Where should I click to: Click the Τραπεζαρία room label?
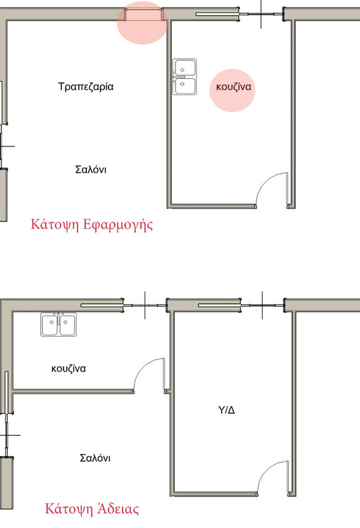click(x=86, y=87)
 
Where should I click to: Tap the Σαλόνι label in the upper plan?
click(x=91, y=169)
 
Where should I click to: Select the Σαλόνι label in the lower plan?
click(x=95, y=458)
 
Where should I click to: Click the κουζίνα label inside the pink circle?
click(x=234, y=87)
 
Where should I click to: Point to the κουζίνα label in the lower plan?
click(x=68, y=368)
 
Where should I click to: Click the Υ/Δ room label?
click(x=227, y=410)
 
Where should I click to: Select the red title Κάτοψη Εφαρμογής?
click(x=92, y=225)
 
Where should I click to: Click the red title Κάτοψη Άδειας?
click(x=92, y=509)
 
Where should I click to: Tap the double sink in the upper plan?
click(x=185, y=77)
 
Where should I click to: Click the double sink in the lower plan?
click(x=58, y=325)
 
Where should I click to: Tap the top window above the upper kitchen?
click(x=261, y=15)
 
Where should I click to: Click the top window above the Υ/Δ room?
click(x=263, y=306)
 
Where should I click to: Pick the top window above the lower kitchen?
click(x=145, y=306)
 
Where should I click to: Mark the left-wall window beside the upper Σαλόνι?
click(x=4, y=146)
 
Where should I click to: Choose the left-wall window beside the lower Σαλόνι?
click(x=7, y=435)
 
